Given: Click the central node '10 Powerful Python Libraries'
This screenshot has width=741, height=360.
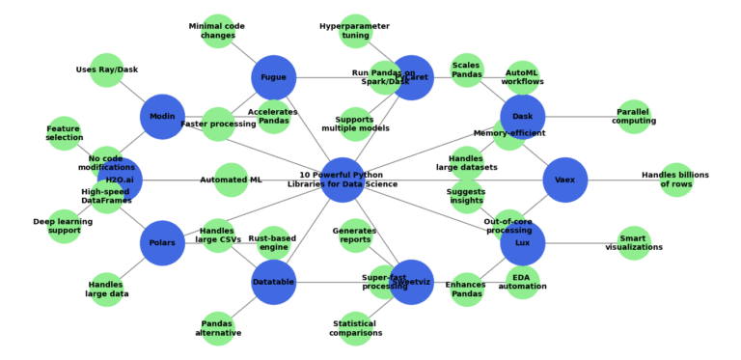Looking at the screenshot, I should [343, 180].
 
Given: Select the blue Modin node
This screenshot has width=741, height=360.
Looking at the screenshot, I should [162, 117].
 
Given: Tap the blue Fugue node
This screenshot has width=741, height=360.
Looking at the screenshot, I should [274, 77].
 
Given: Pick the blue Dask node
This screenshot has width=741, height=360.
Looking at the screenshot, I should [523, 117].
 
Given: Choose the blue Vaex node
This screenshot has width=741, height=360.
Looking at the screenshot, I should [565, 180].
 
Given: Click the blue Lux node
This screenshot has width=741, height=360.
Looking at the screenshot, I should [523, 243].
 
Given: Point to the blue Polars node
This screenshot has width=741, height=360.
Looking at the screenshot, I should [162, 243].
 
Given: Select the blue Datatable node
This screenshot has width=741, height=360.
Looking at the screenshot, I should [274, 282].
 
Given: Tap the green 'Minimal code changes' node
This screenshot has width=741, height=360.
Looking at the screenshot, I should [218, 31].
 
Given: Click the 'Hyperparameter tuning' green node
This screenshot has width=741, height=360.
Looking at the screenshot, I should [356, 31].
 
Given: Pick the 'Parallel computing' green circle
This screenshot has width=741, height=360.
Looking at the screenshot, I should [634, 117].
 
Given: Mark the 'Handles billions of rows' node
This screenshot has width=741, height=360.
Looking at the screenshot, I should [676, 180].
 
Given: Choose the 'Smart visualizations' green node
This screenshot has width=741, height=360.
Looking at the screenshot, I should [634, 243].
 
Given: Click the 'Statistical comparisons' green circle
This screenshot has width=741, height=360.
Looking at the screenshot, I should [356, 328].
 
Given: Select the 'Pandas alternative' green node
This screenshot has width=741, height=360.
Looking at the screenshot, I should [218, 328].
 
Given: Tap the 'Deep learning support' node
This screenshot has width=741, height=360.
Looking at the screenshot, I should [64, 227].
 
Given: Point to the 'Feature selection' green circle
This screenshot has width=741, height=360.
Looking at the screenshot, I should [64, 133].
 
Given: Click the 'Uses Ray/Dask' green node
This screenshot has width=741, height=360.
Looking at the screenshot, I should [106, 69].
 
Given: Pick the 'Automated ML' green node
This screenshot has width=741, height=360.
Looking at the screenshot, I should [232, 180].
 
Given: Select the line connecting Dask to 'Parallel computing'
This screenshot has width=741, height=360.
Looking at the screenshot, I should [579, 117].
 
